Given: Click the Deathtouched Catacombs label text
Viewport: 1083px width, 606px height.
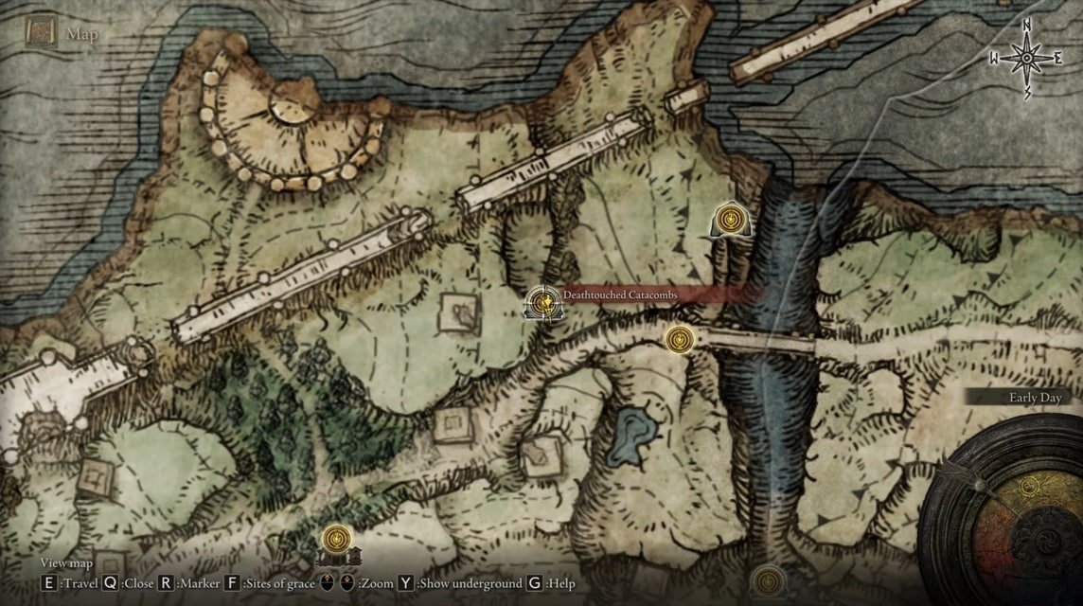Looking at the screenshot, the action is coord(620,295).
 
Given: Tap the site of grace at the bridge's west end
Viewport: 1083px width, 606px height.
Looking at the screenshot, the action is coord(679,338).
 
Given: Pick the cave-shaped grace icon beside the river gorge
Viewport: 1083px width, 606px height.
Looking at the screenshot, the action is coord(730,222).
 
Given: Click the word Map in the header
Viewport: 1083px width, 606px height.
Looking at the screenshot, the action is coord(82,35).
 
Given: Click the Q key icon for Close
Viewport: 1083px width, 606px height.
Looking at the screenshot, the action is coord(111,583).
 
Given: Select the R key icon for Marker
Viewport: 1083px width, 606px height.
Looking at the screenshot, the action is coord(166,583).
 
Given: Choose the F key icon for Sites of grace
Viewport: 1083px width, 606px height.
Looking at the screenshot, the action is coord(233,583).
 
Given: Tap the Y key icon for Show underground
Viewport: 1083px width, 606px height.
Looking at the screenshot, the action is coord(406,583).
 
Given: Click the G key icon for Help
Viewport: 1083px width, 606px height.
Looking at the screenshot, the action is coord(535,583).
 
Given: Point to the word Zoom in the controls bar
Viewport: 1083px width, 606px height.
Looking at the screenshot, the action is coord(377,584).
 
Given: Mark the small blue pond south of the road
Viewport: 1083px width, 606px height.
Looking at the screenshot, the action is coord(631,437).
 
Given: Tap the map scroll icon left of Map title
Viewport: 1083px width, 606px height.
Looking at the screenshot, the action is coord(41,34).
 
